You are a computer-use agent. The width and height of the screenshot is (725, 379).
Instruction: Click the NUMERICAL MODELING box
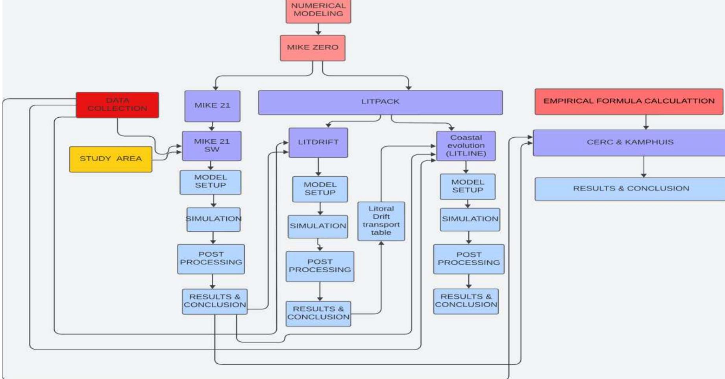coord(318,10)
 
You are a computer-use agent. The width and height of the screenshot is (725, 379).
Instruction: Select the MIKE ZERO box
coord(313,48)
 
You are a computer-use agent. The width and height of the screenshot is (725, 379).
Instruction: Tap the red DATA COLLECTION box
coord(117,105)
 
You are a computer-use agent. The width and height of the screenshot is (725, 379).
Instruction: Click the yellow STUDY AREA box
coord(111,159)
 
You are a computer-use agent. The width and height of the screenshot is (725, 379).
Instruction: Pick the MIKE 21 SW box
coord(212,146)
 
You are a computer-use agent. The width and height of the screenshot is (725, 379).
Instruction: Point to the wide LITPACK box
coord(380,102)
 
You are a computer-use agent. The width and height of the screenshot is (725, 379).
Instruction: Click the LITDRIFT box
coord(318,142)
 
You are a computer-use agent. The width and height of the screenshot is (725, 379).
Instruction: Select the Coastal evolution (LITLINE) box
coord(466,146)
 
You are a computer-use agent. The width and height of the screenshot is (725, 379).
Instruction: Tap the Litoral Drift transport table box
coord(381,221)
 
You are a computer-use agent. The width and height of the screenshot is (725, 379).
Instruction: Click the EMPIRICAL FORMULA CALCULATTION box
coord(629,101)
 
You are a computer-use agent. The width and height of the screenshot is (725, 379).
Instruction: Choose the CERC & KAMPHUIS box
coord(630,142)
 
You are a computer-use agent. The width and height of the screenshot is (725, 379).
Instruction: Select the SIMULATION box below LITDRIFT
coord(318,226)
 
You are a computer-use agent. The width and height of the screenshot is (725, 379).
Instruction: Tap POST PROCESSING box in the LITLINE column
coord(468,259)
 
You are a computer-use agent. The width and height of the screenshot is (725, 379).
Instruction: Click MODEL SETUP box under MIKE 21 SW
coord(211,182)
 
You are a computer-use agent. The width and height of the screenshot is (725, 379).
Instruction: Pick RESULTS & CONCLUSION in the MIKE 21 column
coord(215,301)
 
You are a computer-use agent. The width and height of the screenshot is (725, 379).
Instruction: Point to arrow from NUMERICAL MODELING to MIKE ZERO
coord(318,29)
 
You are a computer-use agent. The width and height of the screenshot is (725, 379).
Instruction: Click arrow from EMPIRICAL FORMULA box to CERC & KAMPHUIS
coord(645,122)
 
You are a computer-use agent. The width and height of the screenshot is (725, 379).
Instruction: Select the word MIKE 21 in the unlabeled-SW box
coord(212,105)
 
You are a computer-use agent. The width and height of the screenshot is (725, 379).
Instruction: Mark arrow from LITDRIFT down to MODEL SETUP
coord(318,167)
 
